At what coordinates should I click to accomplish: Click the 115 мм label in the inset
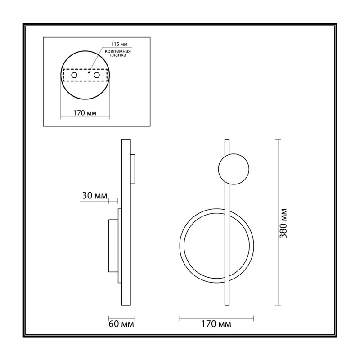pos(119,44)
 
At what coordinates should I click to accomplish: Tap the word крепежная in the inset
pos(118,51)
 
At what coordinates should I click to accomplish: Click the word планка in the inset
pos(118,55)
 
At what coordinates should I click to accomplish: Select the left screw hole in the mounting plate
pos(74,75)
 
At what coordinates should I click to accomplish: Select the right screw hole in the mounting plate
pos(97,75)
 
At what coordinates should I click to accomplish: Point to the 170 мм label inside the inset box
pos(85,113)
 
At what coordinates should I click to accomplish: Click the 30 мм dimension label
pos(94,196)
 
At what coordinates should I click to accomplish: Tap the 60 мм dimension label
pos(121,324)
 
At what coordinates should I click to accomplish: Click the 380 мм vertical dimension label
pos(284,223)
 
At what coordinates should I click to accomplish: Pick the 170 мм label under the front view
pos(216,324)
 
